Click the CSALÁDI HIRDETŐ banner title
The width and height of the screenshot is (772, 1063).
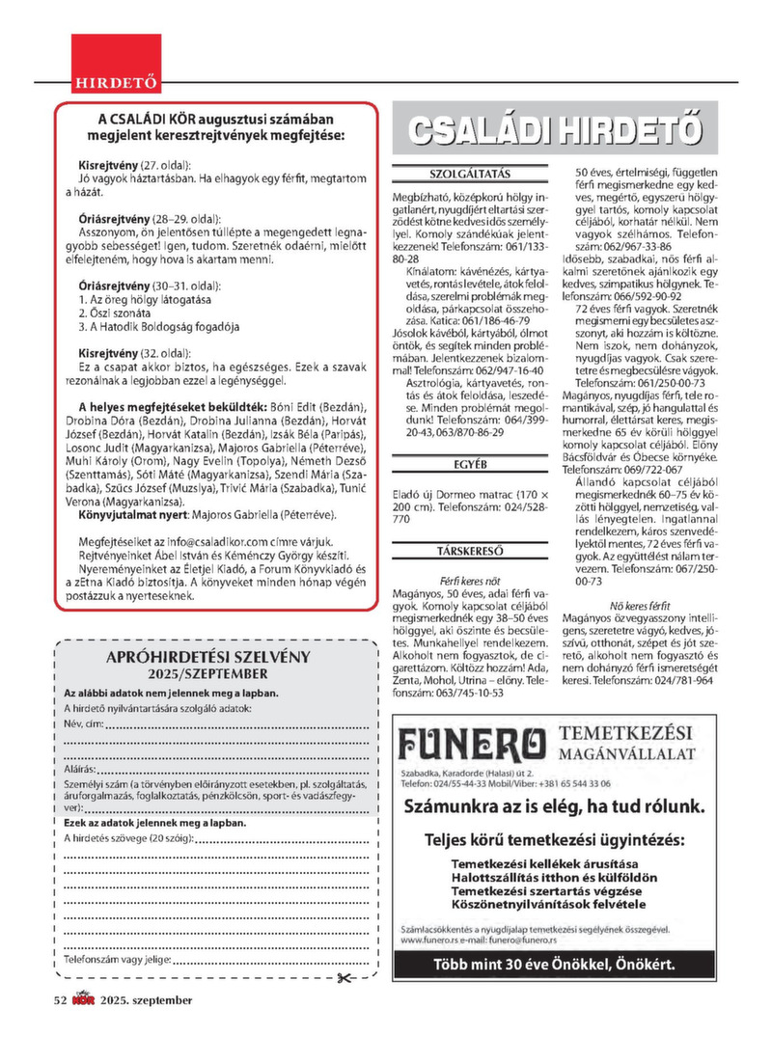pos(554,132)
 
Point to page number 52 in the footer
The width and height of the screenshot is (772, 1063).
pos(60,1000)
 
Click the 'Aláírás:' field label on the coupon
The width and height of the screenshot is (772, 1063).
pos(79,772)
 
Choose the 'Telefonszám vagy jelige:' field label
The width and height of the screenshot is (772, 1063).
pos(117,961)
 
